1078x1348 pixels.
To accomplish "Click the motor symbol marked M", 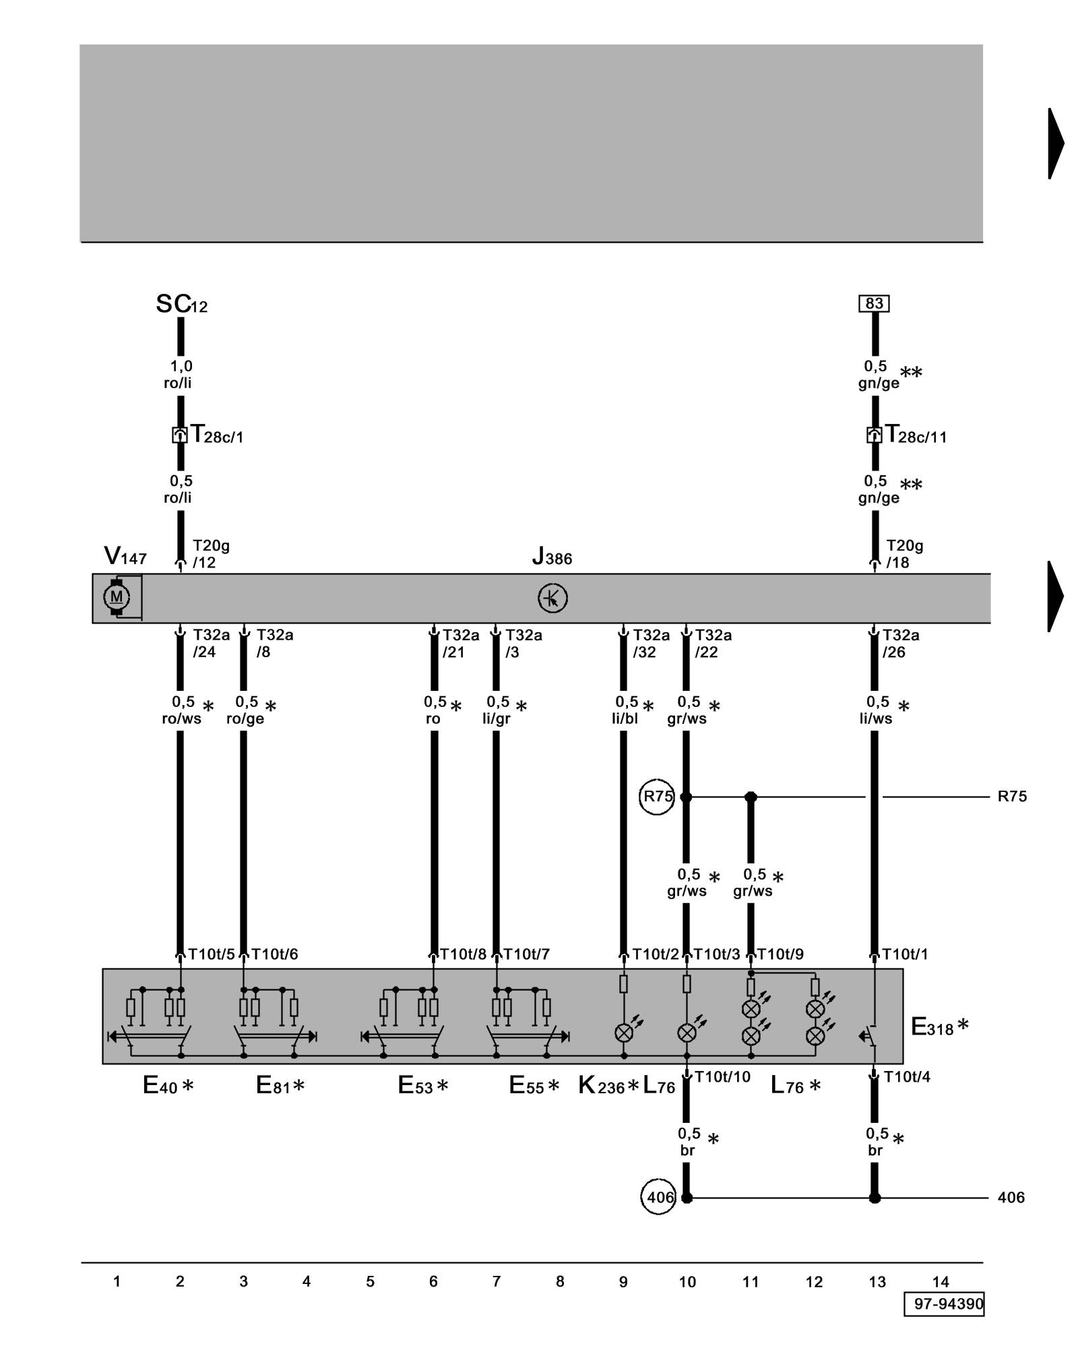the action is tap(117, 596).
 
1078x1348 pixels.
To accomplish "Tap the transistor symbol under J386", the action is tap(552, 598).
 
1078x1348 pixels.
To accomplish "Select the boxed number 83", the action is tap(874, 304).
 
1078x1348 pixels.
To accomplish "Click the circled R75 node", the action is tap(656, 797).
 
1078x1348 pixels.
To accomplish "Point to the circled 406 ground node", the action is tap(658, 1197).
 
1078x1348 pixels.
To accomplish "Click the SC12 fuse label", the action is tap(181, 305).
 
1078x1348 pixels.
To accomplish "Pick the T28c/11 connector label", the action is tap(916, 435).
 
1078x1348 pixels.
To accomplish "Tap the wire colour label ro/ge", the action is tap(245, 719).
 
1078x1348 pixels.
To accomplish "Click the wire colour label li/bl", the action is tap(625, 719).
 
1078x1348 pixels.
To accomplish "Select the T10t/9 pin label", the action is tap(780, 954).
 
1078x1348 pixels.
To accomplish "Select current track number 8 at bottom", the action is tap(560, 1282).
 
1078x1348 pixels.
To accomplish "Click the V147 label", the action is tap(125, 557).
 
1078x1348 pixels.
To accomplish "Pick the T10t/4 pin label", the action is tap(907, 1077).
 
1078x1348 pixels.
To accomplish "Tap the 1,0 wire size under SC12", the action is tap(181, 366).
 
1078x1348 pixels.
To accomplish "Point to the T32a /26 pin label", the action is tap(900, 643).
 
